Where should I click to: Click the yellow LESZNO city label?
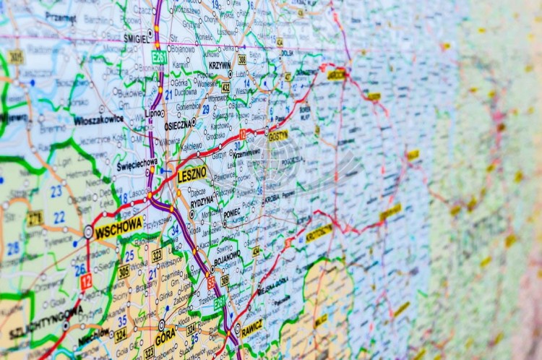[192, 173]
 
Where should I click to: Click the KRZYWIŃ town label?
[220, 64]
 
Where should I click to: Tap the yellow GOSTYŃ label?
[278, 135]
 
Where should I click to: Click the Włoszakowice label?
[98, 120]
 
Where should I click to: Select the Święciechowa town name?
[137, 165]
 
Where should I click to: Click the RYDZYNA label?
[202, 200]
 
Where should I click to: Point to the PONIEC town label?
[232, 213]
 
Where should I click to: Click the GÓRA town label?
[165, 338]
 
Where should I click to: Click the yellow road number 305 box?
[124, 272]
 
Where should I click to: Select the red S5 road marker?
[211, 283]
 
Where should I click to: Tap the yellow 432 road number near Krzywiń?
[225, 87]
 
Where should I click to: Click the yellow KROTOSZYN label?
[319, 233]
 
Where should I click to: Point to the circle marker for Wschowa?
[88, 232]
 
